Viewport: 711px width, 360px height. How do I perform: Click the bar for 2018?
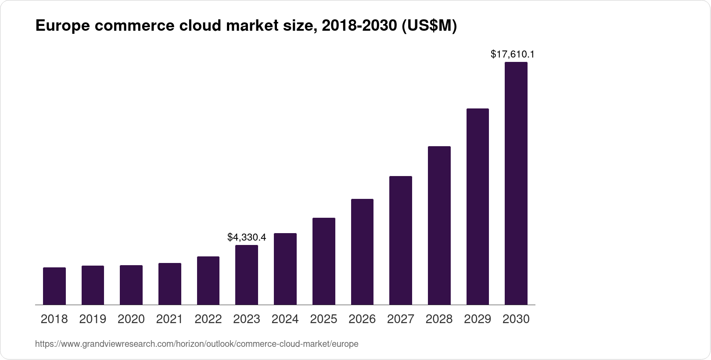click(54, 286)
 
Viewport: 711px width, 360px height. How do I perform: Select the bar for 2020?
click(131, 285)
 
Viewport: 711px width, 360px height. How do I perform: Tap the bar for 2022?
click(208, 281)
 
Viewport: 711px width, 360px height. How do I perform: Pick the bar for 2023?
click(247, 275)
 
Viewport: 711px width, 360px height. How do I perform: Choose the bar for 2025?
click(324, 261)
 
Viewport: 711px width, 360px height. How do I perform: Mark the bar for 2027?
click(401, 240)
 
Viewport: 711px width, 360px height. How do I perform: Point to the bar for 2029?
click(478, 206)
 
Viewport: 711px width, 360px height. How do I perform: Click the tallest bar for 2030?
click(516, 183)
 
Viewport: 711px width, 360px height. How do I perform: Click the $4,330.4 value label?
click(247, 238)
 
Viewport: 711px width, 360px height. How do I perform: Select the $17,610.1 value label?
click(512, 54)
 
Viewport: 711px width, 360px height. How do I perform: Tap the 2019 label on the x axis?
click(93, 319)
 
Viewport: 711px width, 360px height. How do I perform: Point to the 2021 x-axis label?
click(169, 319)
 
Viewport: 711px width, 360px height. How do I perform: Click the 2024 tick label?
click(285, 319)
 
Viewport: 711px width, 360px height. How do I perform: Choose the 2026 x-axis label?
click(362, 319)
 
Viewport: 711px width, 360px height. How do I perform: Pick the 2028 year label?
click(439, 319)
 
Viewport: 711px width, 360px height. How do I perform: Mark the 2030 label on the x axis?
click(516, 319)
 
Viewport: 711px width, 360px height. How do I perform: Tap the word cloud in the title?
click(199, 26)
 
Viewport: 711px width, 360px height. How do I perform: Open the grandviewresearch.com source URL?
click(197, 344)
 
